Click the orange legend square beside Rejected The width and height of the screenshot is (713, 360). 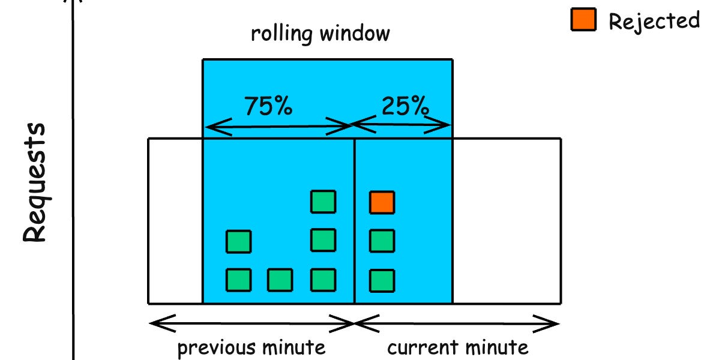[x=583, y=21]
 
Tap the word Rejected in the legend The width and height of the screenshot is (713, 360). [x=654, y=21]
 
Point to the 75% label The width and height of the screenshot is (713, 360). [x=268, y=106]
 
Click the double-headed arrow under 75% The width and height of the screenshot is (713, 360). [x=278, y=127]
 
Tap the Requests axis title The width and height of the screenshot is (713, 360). [x=35, y=182]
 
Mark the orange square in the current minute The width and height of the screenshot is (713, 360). [x=382, y=203]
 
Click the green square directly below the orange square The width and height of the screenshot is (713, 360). [x=382, y=241]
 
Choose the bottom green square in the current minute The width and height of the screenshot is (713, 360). [x=382, y=280]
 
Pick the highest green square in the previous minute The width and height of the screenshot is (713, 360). [x=323, y=202]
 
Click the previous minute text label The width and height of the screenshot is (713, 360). [x=251, y=347]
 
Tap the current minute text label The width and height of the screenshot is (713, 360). [x=458, y=347]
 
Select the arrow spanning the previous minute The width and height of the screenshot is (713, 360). [x=251, y=324]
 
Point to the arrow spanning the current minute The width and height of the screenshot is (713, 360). [x=457, y=324]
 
